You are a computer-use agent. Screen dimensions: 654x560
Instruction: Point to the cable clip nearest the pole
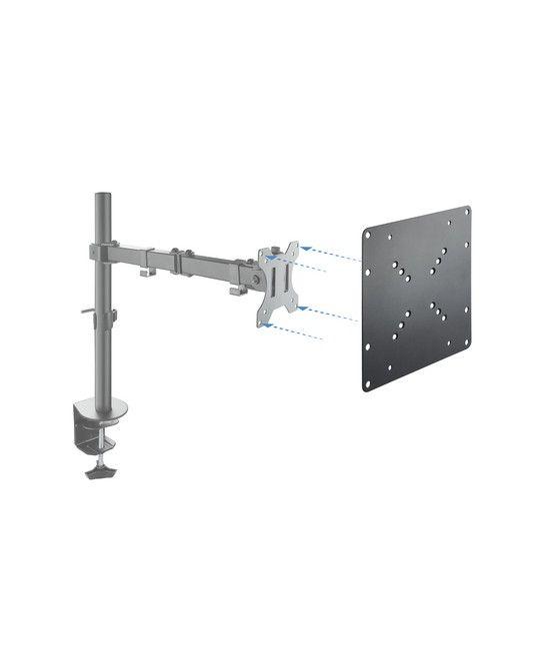(x=147, y=273)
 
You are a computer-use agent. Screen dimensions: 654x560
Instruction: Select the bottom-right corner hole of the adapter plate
(x=466, y=344)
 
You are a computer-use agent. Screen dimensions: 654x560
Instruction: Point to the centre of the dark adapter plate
(x=417, y=294)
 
